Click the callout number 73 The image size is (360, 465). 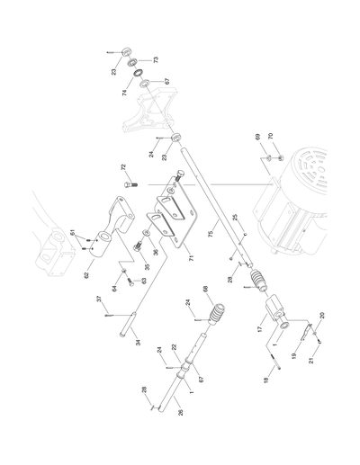click(154, 59)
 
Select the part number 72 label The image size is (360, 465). click(123, 168)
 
